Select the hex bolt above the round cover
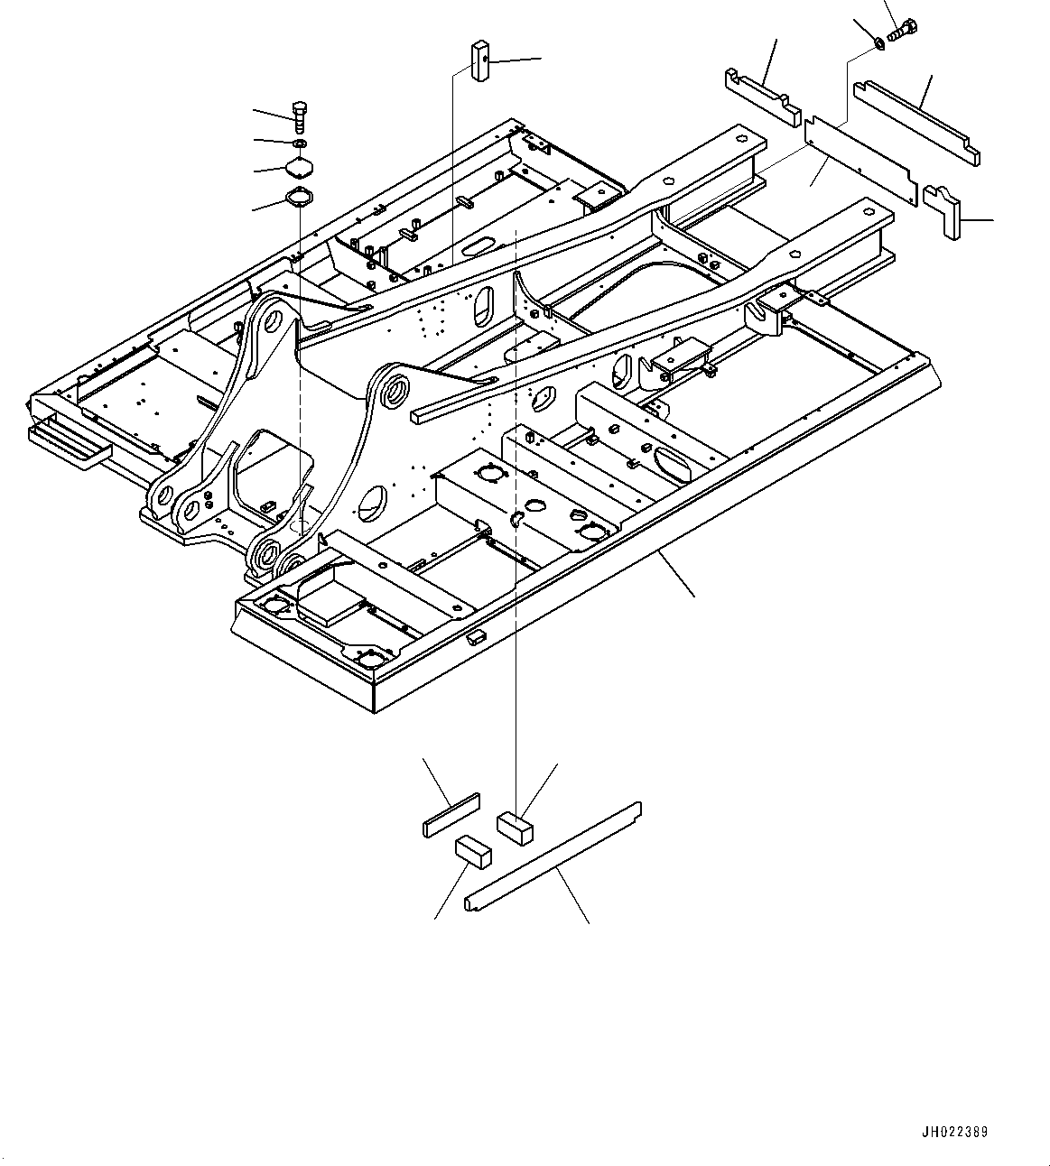(301, 115)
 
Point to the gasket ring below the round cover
(298, 197)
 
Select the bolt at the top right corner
(903, 30)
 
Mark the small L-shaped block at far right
(944, 209)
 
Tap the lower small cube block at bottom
(472, 851)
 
